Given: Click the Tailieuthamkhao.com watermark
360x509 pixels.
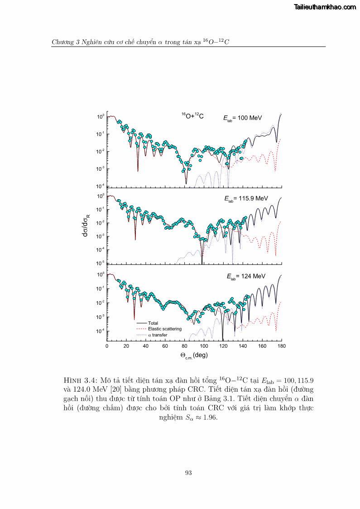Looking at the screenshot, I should click(325, 7).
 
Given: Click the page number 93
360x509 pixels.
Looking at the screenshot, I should click(189, 473).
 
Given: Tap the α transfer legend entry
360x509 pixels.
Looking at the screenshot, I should click(158, 335).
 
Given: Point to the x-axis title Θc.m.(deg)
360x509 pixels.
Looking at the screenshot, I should click(194, 355).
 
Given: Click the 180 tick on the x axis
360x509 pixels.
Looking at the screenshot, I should click(282, 346).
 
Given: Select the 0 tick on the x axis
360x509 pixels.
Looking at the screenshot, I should click(107, 346).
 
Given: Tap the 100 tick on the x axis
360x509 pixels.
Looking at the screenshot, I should click(204, 346).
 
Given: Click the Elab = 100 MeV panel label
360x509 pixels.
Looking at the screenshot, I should click(242, 118).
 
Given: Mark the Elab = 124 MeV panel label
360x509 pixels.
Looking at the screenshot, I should click(246, 276).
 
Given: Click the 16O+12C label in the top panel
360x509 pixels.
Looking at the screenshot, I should click(192, 116).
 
